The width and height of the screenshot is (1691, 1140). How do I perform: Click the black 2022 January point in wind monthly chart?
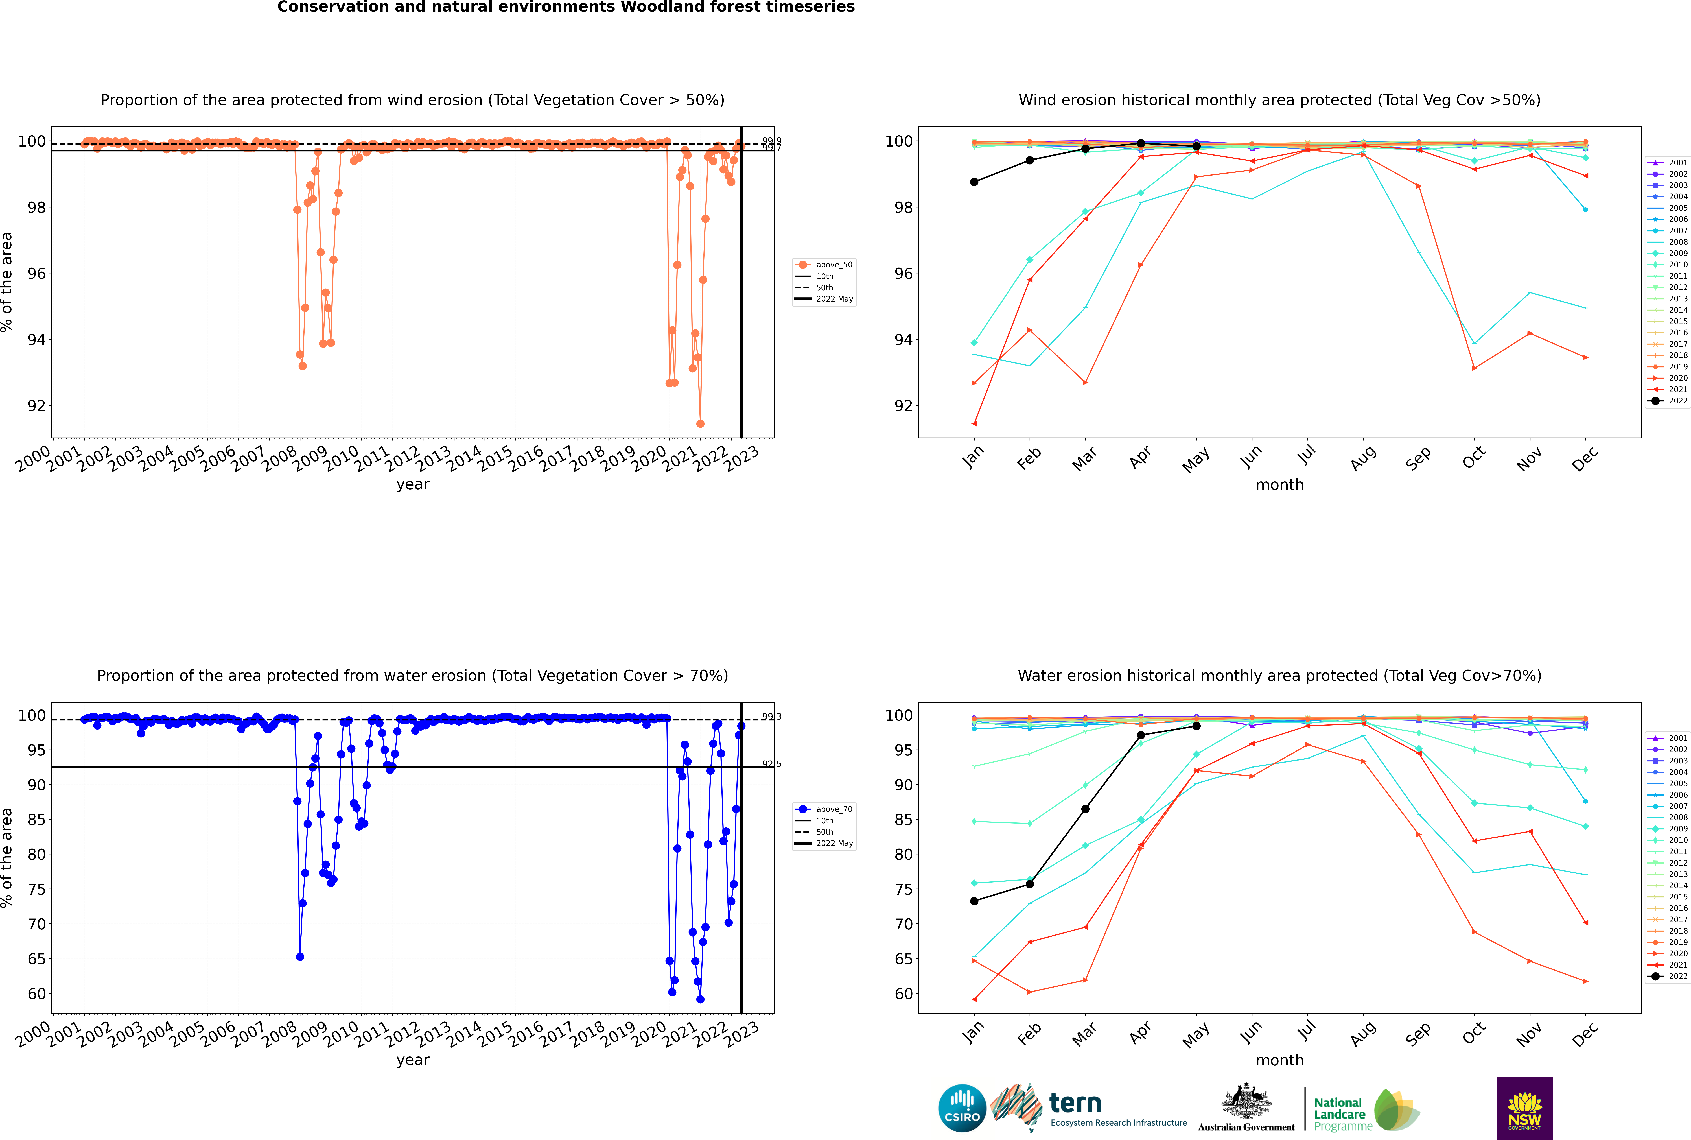point(974,182)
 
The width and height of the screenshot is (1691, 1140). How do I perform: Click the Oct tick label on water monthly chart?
point(1473,1033)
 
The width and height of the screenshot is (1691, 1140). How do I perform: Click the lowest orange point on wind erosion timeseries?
point(700,424)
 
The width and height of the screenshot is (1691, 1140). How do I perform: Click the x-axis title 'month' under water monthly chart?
point(1279,1060)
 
